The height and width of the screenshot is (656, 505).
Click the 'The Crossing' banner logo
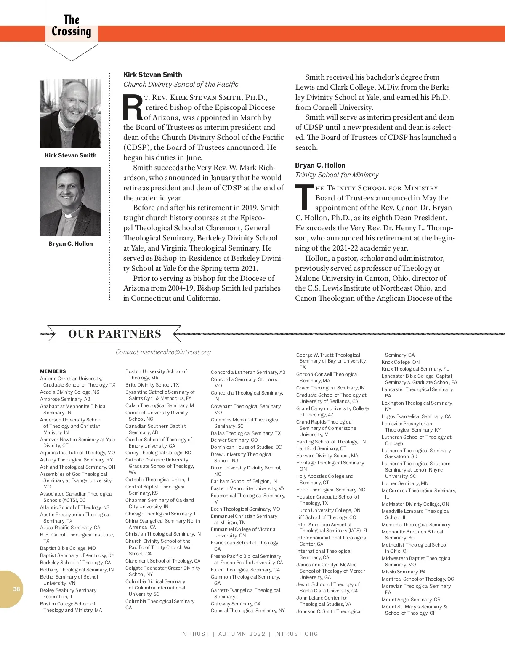(72, 26)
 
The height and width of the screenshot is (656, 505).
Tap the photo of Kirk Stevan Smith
(71, 113)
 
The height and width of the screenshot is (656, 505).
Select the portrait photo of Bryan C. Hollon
(71, 201)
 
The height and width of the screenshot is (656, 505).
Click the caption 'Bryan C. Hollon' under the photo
(71, 244)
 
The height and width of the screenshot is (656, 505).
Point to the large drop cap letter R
(133, 108)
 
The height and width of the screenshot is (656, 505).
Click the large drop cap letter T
(304, 197)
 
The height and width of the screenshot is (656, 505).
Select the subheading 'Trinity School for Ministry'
(337, 175)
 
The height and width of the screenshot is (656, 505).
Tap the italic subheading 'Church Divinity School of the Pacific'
(181, 84)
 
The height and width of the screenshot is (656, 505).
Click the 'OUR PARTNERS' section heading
(114, 334)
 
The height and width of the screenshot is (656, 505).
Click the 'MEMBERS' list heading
(53, 371)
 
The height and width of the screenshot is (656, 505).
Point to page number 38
(16, 589)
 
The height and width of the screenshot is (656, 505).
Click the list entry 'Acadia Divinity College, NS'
(70, 392)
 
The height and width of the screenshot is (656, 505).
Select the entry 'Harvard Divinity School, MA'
(327, 456)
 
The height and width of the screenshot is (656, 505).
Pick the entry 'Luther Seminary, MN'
(405, 483)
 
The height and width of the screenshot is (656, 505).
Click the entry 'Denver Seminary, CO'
(234, 440)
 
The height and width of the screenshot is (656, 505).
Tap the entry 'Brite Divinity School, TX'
(152, 385)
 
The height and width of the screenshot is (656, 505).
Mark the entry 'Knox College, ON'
(400, 362)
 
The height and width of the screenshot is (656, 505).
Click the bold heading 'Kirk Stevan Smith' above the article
(153, 75)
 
